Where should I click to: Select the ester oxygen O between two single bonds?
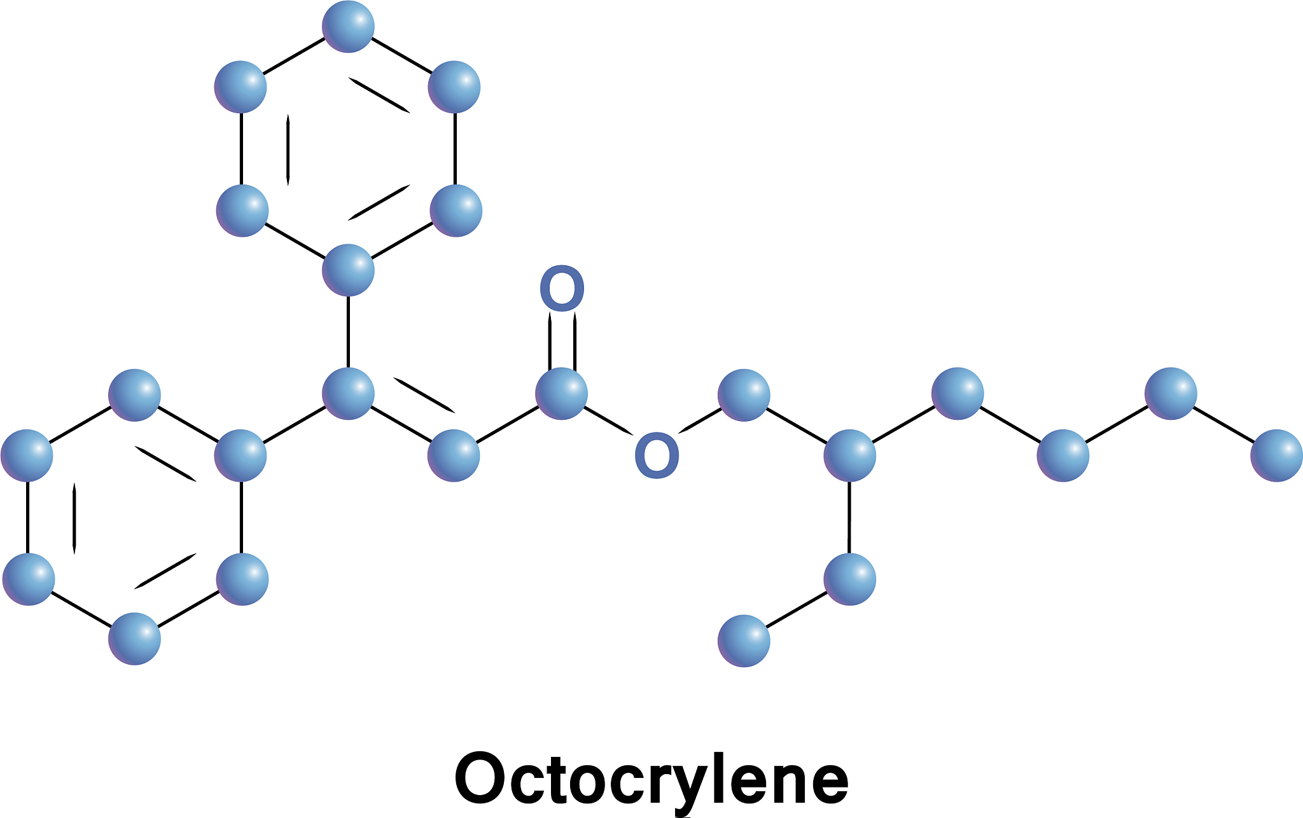[657, 455]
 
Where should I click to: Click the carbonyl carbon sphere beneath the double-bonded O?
[561, 393]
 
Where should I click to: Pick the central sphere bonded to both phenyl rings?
[348, 393]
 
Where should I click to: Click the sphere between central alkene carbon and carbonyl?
[454, 455]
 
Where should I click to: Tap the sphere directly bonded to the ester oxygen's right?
[744, 395]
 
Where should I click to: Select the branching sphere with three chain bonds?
[850, 455]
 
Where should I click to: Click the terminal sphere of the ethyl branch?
[744, 641]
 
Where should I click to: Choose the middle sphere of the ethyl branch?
[850, 579]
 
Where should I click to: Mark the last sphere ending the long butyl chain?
[1276, 455]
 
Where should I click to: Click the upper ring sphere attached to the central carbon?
[348, 270]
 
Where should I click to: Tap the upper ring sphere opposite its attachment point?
[348, 26]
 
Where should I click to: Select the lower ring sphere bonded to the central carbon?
[240, 455]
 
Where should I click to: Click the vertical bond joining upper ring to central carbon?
[348, 331]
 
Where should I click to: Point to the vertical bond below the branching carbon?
[849, 517]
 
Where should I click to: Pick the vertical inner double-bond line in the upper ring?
[288, 150]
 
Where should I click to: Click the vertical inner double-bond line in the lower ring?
[74, 518]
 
